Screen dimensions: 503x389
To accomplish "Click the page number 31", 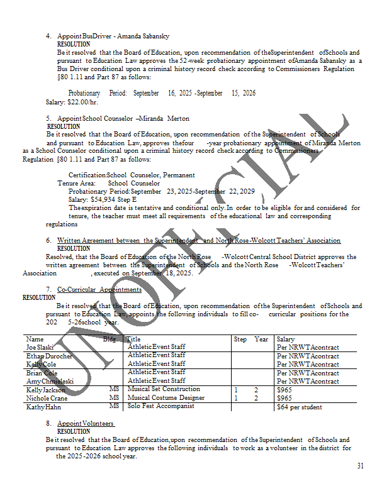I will point(360,466).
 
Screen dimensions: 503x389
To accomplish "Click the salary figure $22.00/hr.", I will point(83,102).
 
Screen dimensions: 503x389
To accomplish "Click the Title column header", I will point(133,339).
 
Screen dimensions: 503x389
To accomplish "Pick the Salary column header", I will point(286,339).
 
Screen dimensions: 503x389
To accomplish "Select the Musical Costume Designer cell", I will point(166,398).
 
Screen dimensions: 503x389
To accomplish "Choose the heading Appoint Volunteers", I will point(86,424).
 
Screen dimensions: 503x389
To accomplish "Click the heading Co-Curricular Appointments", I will point(99,289).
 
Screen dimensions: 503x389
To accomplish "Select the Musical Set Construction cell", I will point(164,390).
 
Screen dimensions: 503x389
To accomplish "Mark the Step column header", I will point(240,339).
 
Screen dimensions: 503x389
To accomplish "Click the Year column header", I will point(261,339).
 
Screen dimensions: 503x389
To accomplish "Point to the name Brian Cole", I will point(42,373).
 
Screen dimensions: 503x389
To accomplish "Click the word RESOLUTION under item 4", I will point(73,45).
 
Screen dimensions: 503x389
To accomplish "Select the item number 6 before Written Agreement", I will point(48,241).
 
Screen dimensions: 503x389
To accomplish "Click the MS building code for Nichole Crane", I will point(114,398).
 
